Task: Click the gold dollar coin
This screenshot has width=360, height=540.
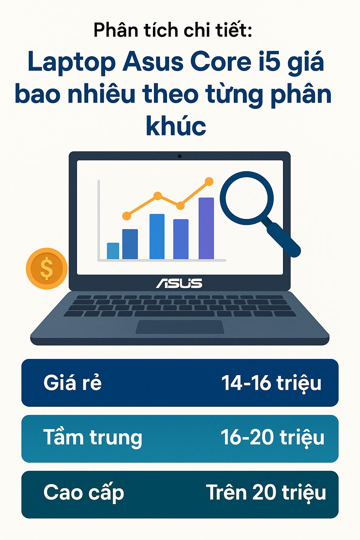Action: (x=46, y=268)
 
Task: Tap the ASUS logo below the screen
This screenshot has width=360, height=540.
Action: (x=179, y=283)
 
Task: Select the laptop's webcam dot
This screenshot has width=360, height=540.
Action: (x=180, y=156)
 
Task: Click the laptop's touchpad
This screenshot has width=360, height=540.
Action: (x=180, y=327)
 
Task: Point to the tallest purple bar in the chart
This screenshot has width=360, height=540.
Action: (x=206, y=228)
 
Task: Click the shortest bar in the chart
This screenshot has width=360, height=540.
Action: (x=113, y=251)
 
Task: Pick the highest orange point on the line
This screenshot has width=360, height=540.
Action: (x=209, y=181)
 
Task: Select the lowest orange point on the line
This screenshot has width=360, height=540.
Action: (x=127, y=216)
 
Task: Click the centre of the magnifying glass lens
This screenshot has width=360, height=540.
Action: (x=247, y=198)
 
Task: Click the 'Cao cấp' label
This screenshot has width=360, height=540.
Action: (x=84, y=493)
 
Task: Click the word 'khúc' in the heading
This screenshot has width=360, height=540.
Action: (x=176, y=126)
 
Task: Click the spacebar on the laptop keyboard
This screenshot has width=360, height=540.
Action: (x=175, y=314)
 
